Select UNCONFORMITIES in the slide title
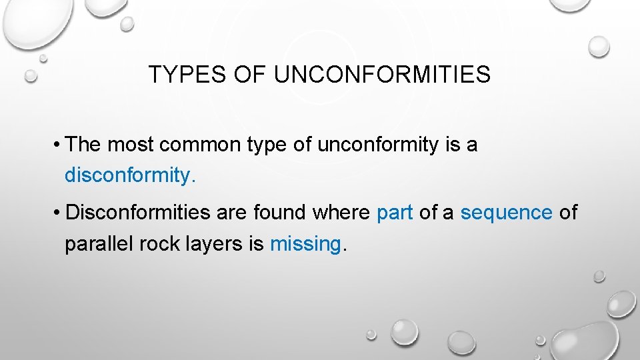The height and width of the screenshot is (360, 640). pos(382,75)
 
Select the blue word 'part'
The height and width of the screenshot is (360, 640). pos(395,213)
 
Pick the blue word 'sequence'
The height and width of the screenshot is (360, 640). pos(506,213)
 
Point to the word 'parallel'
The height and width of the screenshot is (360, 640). pos(99,244)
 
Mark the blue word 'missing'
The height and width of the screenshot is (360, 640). pos(305,245)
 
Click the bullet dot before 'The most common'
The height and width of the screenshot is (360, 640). pos(59,145)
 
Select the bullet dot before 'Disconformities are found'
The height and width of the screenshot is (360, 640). pos(59,213)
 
